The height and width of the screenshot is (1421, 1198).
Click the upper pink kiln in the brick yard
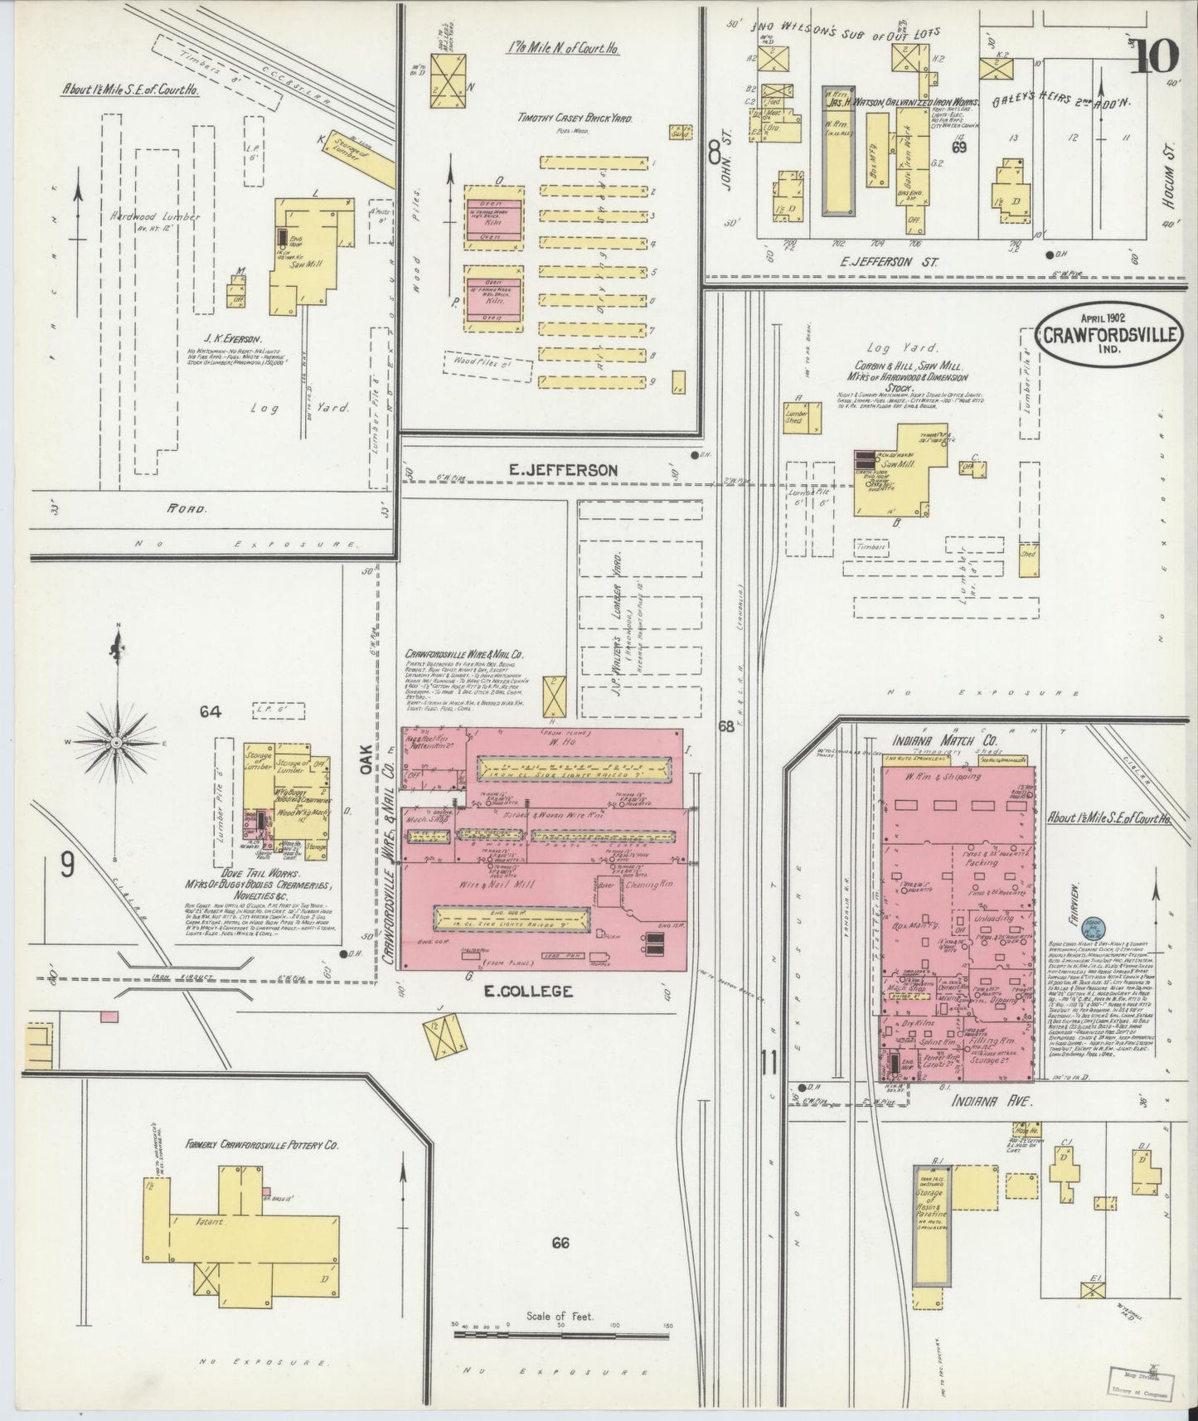point(494,219)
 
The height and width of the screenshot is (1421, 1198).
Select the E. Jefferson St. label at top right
point(895,261)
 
